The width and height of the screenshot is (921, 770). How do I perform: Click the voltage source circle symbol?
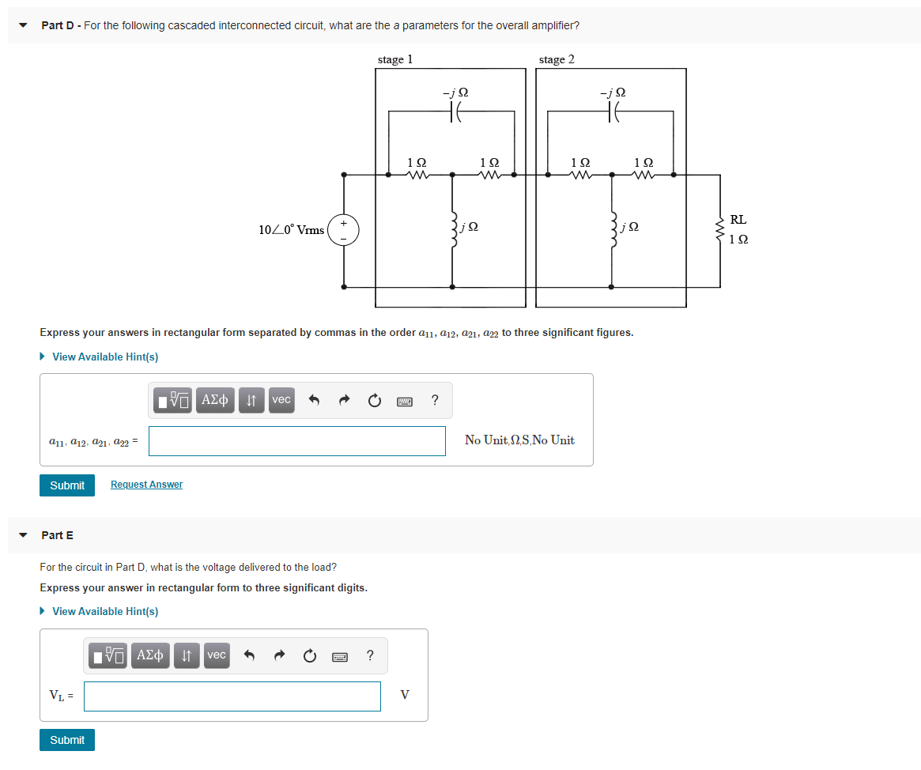(343, 230)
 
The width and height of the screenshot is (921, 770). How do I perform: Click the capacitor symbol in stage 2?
(612, 113)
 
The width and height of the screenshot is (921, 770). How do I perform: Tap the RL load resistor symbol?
(720, 230)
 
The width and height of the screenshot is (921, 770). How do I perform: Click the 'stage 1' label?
(394, 59)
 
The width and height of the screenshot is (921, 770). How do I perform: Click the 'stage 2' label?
(557, 59)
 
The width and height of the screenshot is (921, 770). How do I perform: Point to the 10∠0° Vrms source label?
(291, 230)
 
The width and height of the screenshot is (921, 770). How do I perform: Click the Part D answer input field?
(296, 441)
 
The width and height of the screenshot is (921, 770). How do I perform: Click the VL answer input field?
(232, 696)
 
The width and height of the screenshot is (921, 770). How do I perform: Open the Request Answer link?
(146, 485)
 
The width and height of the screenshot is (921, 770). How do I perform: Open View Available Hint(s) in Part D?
(104, 357)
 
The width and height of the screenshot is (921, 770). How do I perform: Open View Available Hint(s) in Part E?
(104, 612)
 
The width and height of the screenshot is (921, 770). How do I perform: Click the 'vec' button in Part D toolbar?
(281, 400)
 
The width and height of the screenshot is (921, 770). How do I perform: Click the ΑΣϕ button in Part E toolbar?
(150, 655)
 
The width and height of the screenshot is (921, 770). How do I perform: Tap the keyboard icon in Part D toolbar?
(404, 401)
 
